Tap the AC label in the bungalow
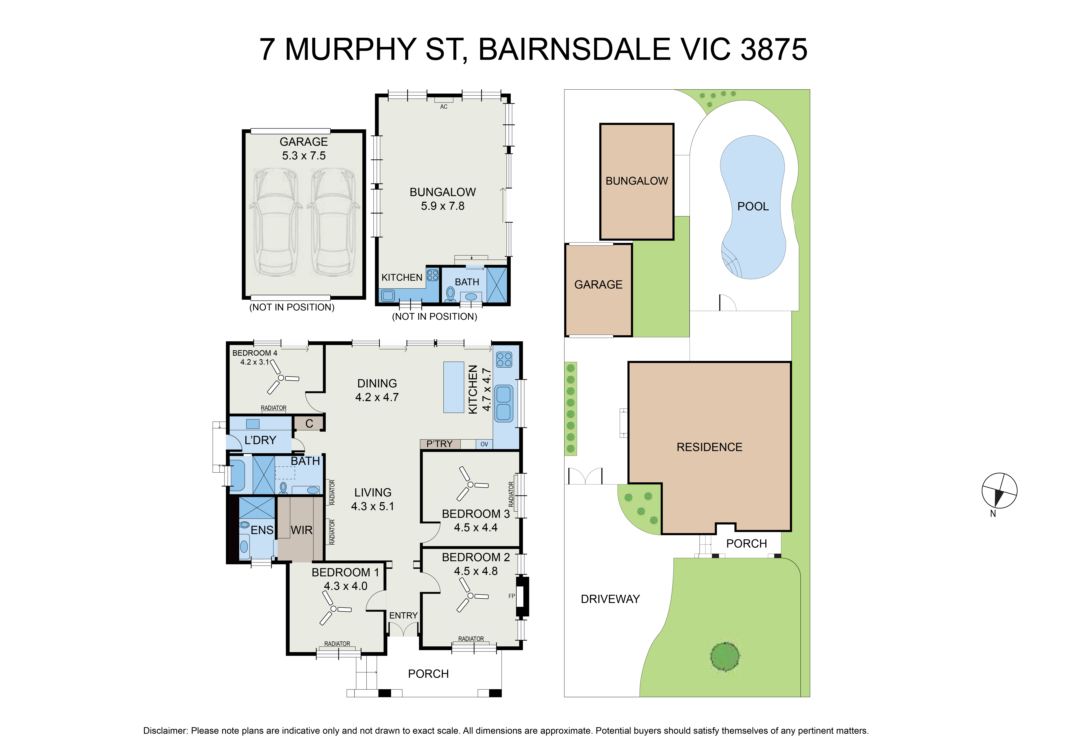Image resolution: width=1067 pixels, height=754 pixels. click(444, 107)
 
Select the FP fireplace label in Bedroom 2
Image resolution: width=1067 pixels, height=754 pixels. click(512, 596)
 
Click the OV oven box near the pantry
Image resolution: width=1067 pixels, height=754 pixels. click(484, 444)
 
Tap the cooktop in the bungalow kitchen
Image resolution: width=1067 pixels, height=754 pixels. click(433, 275)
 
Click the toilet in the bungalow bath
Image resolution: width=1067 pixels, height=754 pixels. click(450, 294)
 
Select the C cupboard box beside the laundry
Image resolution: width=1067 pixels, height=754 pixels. click(309, 423)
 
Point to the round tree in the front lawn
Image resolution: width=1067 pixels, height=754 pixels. click(725, 656)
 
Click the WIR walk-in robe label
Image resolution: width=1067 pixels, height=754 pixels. click(302, 530)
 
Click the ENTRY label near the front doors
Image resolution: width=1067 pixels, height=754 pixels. click(403, 616)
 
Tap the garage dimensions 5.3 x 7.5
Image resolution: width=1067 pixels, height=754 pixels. click(304, 156)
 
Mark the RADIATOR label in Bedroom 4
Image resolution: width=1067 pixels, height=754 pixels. click(274, 408)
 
